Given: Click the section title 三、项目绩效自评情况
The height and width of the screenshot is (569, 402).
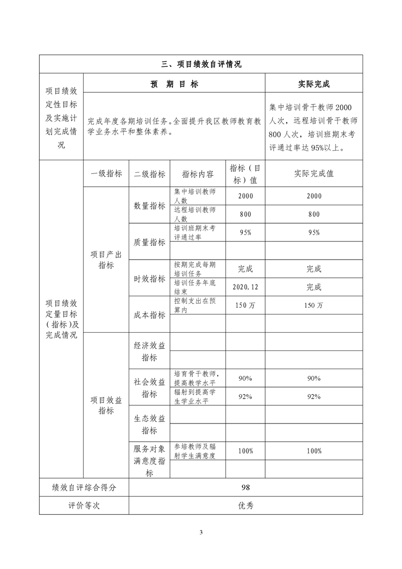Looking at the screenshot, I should point(201,64).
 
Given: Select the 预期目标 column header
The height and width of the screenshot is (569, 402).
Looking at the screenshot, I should point(174,84).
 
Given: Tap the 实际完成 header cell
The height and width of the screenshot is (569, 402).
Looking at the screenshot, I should point(314,84).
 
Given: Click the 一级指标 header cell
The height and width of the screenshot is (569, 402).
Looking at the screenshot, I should point(106,173).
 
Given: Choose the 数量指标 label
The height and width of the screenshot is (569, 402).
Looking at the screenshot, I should point(150,205).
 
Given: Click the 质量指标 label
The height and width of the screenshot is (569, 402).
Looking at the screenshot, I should point(150,242).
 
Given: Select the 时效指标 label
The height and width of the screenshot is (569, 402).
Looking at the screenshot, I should point(150,278).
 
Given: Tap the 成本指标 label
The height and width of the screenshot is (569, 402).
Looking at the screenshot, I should point(150,315).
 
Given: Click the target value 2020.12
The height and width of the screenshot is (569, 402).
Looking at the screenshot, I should point(245,287).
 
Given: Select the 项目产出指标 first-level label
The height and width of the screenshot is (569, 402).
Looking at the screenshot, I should point(106,260).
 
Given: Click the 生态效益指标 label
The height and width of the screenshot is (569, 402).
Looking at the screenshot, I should point(150,424).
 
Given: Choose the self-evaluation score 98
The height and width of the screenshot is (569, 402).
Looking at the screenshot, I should point(246,487).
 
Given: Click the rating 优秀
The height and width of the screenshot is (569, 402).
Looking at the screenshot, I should point(246,506).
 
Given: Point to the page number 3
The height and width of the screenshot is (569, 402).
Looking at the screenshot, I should point(201,532).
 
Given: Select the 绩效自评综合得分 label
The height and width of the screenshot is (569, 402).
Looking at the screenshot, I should point(84,487).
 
